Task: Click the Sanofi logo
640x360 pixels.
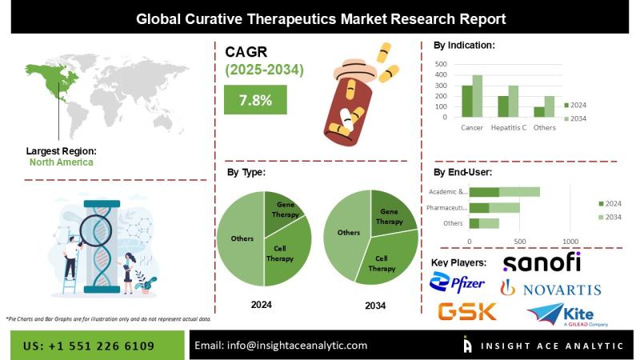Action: coord(542,262)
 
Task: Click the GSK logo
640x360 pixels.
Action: coord(467,312)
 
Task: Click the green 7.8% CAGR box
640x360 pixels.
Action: coord(255,100)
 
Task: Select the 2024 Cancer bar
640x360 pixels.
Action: coord(466,102)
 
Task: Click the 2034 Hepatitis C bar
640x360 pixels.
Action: coord(514,102)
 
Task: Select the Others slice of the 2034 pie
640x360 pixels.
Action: coord(346,233)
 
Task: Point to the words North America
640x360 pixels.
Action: coord(61,162)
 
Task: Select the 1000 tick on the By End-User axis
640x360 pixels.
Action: coord(570,241)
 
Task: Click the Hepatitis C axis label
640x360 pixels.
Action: coord(508,128)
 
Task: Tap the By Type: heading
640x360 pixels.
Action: coord(246,172)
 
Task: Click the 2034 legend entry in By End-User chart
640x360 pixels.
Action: coord(610,218)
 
